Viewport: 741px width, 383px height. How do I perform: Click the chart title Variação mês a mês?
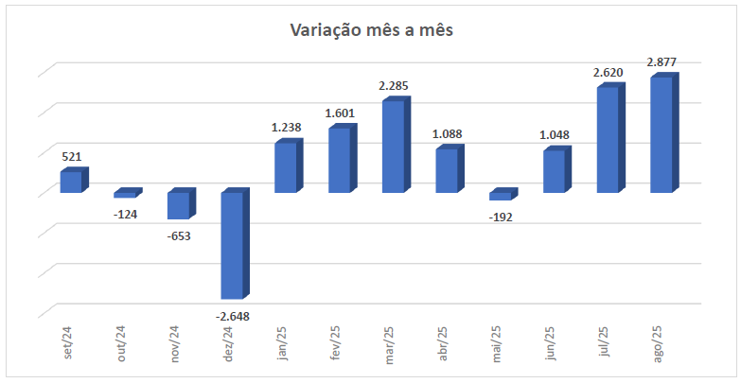(x=372, y=31)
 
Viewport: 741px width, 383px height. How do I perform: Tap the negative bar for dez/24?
(x=233, y=245)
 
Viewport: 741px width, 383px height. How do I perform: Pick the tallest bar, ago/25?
(x=662, y=134)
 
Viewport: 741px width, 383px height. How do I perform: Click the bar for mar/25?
(x=394, y=146)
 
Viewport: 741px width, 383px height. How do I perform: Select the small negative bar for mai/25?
(x=501, y=196)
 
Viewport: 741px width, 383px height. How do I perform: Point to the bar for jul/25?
(x=609, y=139)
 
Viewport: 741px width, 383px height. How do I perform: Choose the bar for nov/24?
(x=179, y=205)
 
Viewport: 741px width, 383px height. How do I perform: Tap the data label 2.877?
(x=662, y=62)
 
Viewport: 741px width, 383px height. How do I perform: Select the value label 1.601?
(x=340, y=113)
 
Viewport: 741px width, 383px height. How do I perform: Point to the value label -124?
(x=125, y=214)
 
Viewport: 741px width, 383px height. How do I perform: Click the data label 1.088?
(x=448, y=133)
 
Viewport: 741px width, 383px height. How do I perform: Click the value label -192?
(x=501, y=218)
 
